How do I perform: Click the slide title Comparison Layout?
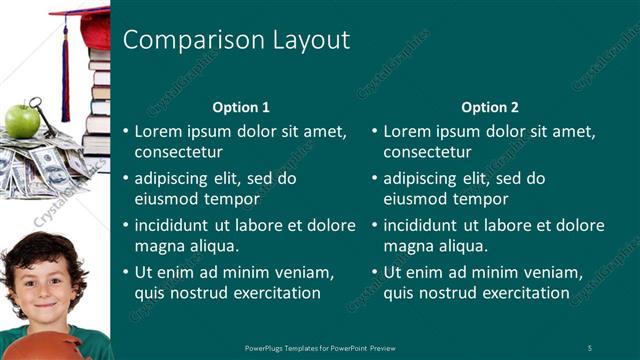click(235, 40)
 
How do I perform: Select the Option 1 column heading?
click(241, 107)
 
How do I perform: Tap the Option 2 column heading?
click(489, 107)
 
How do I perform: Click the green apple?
click(22, 121)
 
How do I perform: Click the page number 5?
click(590, 347)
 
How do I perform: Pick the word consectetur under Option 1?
click(179, 152)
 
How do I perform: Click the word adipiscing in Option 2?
click(424, 179)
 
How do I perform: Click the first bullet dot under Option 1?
click(125, 131)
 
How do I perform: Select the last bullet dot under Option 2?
click(374, 272)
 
